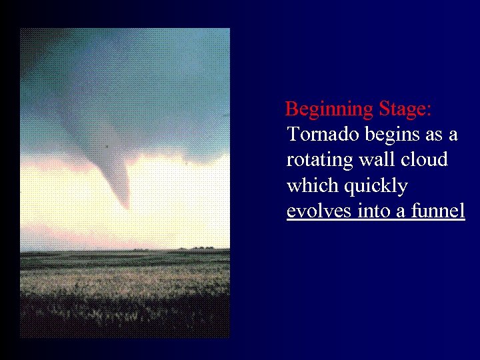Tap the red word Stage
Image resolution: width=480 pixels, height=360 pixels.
403,109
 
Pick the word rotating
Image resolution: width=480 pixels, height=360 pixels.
317,161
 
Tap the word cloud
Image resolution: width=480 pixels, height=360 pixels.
425,160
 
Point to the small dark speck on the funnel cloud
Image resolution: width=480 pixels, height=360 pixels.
107,145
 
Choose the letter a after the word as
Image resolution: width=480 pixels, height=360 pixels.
453,135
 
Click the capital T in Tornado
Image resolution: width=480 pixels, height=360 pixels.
294,134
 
